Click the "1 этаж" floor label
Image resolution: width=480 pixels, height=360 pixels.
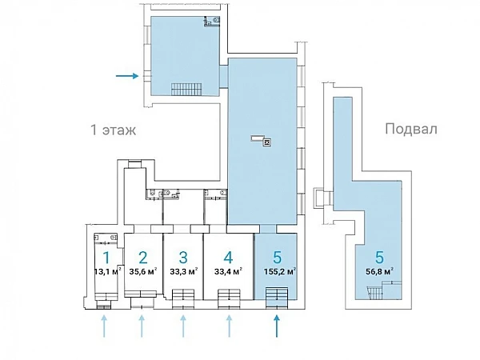click(114, 130)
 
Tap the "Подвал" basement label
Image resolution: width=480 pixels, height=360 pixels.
click(411, 129)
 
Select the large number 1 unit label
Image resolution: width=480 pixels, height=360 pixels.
click(106, 258)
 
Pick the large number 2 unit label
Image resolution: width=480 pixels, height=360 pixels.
click(143, 258)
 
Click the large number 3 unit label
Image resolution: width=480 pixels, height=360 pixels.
click(183, 258)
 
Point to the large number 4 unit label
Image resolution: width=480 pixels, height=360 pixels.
click(228, 258)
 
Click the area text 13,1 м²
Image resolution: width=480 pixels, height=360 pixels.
click(108, 271)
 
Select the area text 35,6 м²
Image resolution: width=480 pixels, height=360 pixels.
click(143, 271)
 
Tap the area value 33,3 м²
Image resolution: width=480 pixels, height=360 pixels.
click(183, 271)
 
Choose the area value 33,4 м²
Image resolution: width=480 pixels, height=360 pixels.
click(228, 271)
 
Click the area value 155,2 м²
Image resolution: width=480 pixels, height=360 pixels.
click(279, 271)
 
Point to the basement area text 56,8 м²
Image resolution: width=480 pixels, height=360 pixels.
click(379, 271)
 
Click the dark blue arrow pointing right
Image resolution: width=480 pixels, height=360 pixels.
click(127, 76)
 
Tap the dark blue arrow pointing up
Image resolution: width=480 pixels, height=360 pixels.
click(277, 326)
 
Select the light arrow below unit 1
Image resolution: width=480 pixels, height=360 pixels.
click(104, 326)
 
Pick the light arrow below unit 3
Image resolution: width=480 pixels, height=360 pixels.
click(183, 326)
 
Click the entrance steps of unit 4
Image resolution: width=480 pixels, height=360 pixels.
click(229, 298)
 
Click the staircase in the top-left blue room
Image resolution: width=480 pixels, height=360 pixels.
click(186, 89)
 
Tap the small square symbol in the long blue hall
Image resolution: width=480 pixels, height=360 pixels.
click(267, 142)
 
